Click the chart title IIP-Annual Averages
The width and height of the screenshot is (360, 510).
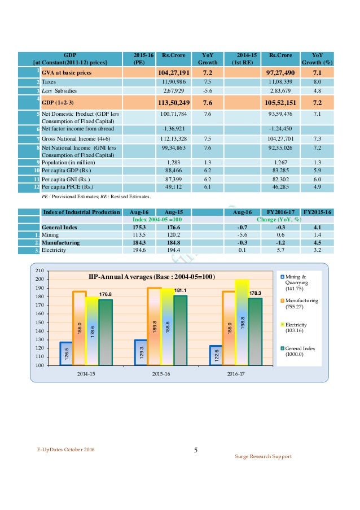(152, 277)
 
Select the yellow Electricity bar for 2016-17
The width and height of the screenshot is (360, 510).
(242, 322)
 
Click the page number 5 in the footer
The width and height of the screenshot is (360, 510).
(196, 451)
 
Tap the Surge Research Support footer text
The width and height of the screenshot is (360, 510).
(264, 456)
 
